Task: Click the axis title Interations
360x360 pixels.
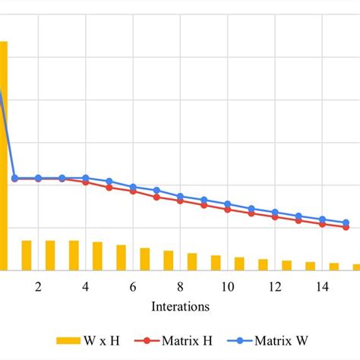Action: (180, 307)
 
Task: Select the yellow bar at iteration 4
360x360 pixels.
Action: (74, 255)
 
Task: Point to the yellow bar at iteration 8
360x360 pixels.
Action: (169, 260)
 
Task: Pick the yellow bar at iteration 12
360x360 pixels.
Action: (263, 264)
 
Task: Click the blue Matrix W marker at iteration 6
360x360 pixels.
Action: (133, 187)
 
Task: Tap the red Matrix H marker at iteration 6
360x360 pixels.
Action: (133, 191)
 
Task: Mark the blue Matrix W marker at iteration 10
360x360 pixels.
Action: (227, 204)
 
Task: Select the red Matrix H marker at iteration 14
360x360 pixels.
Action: (322, 224)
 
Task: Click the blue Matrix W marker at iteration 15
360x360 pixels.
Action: (346, 223)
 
